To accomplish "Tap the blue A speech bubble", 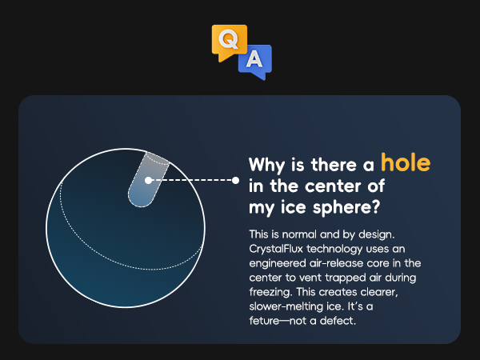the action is point(255,62).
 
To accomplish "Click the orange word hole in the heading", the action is point(406,162).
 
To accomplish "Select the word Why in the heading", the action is point(266,166).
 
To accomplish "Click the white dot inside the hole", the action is point(149,180).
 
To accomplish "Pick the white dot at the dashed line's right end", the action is point(235,180).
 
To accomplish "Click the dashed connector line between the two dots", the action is point(192,180).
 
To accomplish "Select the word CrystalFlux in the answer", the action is point(276,249).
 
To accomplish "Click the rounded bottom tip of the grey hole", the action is point(140,206).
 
